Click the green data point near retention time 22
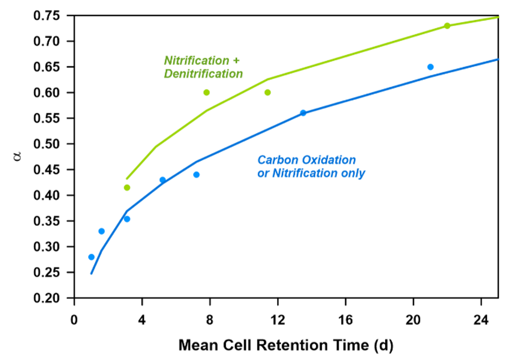447,26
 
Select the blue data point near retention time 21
430,67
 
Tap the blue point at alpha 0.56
303,113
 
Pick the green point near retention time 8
207,92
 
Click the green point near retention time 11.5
267,92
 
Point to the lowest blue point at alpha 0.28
91,257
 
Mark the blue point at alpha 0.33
101,231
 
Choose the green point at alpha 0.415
127,187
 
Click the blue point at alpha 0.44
196,174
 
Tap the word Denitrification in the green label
203,73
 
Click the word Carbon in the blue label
275,160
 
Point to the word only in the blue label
353,173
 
